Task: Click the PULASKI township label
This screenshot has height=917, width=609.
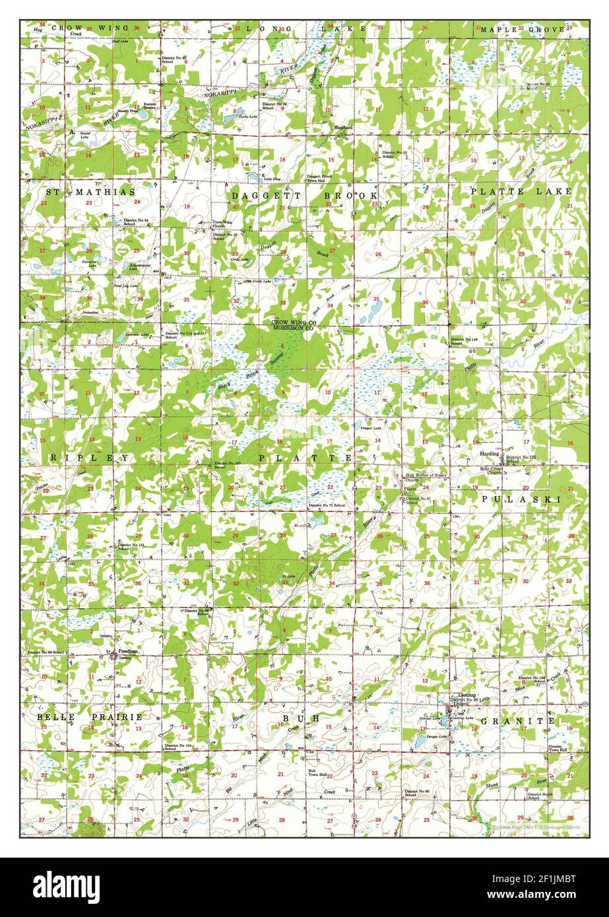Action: coord(521,499)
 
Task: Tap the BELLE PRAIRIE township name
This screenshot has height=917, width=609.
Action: coord(90,716)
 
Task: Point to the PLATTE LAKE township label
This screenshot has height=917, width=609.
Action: coord(521,191)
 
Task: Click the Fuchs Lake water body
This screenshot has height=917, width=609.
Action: coord(232,119)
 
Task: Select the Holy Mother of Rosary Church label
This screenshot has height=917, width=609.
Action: coord(426,476)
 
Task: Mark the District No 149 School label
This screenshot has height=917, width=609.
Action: coord(464,341)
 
